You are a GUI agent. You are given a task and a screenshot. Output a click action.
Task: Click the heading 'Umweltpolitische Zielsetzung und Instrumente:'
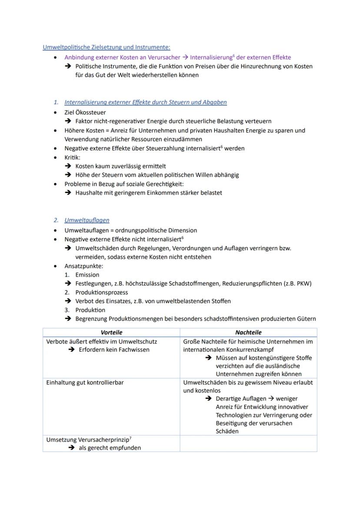click(107, 47)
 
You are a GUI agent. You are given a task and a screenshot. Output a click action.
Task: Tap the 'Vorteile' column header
click(111, 333)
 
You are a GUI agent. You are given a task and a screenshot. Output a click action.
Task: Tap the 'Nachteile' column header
click(248, 333)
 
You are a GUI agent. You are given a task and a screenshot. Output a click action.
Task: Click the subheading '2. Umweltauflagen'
click(87, 220)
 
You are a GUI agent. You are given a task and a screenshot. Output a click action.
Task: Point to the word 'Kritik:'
click(73, 157)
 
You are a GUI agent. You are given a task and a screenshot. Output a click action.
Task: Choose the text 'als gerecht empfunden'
click(110, 448)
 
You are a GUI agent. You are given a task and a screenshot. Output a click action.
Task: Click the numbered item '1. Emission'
click(87, 275)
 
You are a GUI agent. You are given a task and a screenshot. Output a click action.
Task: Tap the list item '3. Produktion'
click(90, 310)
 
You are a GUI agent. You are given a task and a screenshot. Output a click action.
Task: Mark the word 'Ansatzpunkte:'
click(84, 266)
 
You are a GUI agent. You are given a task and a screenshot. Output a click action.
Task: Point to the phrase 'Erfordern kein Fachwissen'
click(114, 350)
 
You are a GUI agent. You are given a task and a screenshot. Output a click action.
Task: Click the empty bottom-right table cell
click(248, 443)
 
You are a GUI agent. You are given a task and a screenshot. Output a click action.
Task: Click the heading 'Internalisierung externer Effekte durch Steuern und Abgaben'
click(146, 103)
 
